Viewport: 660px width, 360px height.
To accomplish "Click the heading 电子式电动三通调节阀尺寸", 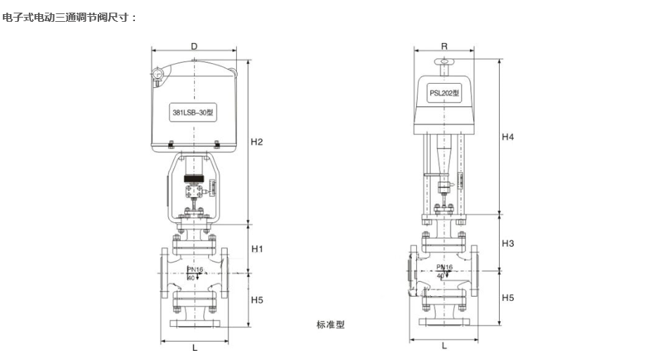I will tap(70, 16).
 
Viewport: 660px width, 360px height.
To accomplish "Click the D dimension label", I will tap(194, 46).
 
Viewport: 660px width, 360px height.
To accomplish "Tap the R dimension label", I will tap(444, 46).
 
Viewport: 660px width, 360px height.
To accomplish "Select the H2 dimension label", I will tap(257, 142).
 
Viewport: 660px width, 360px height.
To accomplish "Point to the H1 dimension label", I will tap(257, 249).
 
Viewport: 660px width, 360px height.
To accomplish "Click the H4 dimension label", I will tap(507, 137).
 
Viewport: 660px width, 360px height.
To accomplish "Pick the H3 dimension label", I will tap(507, 243).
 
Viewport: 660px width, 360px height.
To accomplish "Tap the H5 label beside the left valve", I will tap(257, 300).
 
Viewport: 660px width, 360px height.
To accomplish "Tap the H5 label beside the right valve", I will tap(507, 297).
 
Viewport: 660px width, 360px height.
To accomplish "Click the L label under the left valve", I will tap(195, 347).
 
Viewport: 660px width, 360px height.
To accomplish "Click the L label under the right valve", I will tap(444, 346).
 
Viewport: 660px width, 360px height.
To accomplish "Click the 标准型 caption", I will tap(330, 325).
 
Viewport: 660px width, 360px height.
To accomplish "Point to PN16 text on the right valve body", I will tap(444, 267).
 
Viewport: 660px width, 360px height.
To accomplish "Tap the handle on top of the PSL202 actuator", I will tap(444, 64).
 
